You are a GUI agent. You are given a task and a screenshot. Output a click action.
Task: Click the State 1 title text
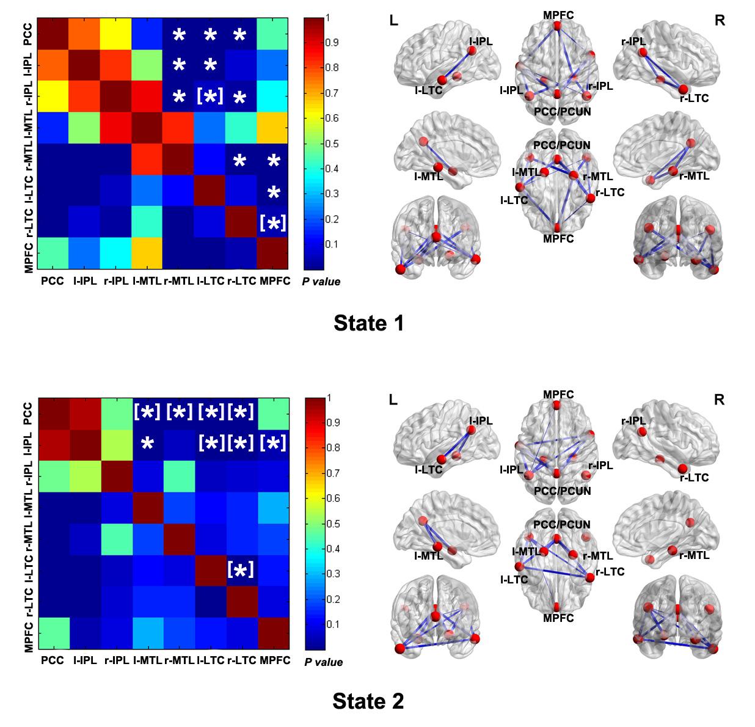[x=368, y=323]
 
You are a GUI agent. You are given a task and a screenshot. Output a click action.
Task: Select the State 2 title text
[x=368, y=701]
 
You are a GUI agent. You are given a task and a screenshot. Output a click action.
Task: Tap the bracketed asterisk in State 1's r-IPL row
[x=210, y=96]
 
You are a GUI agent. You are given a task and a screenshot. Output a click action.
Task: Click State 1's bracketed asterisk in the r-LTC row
[x=273, y=222]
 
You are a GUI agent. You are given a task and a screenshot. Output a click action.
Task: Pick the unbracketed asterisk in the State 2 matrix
[x=147, y=444]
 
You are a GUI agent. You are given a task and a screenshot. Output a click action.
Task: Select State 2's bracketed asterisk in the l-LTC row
[x=241, y=570]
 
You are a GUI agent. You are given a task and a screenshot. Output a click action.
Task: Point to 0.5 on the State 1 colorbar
[x=332, y=144]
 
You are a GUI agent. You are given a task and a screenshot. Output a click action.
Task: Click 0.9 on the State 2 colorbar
[x=333, y=422]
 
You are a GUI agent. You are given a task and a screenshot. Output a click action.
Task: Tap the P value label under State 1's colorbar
[x=321, y=282]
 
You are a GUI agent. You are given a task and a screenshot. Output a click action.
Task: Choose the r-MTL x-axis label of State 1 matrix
[x=178, y=281]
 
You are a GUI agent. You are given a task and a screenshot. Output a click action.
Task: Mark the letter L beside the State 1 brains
[x=393, y=21]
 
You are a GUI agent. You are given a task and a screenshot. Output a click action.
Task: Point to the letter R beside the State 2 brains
[x=719, y=400]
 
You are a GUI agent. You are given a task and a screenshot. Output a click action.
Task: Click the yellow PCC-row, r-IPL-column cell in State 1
[x=115, y=34]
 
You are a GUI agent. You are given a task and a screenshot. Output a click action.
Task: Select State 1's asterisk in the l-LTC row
[x=274, y=192]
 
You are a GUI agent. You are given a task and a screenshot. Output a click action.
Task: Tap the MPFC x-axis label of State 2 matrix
[x=275, y=660]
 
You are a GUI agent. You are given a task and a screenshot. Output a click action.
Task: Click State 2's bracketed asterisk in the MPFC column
[x=273, y=443]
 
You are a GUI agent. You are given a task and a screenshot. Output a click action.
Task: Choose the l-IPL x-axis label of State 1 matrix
[x=85, y=281]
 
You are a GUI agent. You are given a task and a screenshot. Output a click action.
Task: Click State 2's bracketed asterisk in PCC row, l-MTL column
[x=147, y=412]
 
